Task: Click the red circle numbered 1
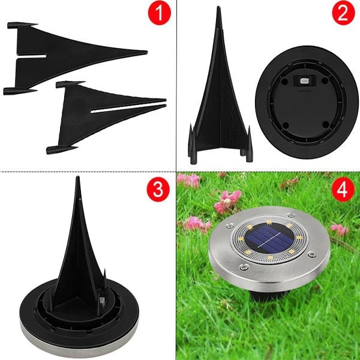coord(160,13)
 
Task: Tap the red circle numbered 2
coord(343,13)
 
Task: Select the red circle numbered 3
coord(158,190)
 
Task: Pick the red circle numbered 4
coord(343,190)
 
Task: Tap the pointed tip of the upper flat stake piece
coord(146,52)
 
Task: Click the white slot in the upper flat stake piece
coord(32,56)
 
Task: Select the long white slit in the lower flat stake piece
coord(127,109)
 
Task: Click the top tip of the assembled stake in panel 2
coord(219,7)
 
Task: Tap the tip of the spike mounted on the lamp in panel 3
coord(78,178)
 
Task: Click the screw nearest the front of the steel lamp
coord(244,267)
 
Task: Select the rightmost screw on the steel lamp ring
coord(311,254)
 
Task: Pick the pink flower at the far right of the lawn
coord(340,229)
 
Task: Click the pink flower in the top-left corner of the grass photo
coord(188,180)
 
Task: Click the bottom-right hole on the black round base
coord(326,125)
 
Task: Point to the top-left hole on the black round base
coord(284,81)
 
